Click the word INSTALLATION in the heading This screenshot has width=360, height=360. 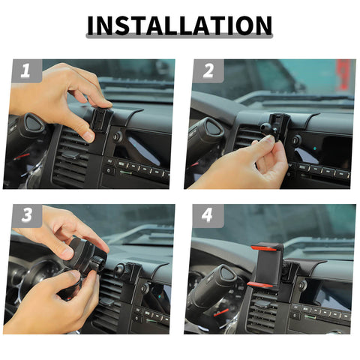tap(179, 25)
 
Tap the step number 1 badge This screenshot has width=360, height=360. tap(25, 72)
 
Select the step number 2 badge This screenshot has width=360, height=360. tap(208, 72)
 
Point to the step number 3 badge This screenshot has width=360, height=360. tap(25, 217)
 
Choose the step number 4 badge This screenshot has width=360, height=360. tap(208, 217)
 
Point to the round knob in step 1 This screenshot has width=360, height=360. tap(118, 137)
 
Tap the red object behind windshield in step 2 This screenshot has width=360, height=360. tap(343, 76)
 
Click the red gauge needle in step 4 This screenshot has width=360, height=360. tap(220, 310)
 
